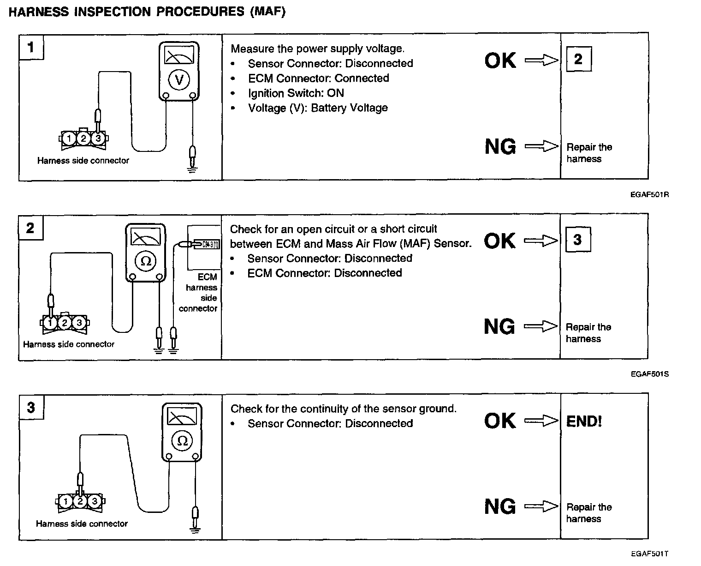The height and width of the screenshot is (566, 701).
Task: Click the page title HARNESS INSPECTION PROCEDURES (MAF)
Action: pos(147,12)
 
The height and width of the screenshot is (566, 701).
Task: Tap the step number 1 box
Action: pos(31,47)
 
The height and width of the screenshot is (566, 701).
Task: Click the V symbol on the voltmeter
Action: pos(179,80)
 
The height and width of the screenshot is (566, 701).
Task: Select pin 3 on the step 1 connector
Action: pos(98,138)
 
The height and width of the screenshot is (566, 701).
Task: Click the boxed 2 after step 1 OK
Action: pos(578,59)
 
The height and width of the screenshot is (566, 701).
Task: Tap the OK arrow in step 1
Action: pos(541,60)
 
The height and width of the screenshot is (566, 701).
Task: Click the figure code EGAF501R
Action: pos(649,194)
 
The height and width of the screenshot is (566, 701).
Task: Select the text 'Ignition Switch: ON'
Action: pos(296,93)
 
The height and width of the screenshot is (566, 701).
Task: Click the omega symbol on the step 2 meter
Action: pos(146,261)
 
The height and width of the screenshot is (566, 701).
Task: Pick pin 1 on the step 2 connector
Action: pos(51,322)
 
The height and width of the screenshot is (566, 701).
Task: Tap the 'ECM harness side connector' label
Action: pos(201,293)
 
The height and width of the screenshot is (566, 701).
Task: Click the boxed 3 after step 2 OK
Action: pos(577,240)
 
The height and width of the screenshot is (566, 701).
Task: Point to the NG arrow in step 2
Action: pos(541,326)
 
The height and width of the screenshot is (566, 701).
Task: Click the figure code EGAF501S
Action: pos(649,374)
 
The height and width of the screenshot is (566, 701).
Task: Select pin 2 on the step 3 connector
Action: pos(80,501)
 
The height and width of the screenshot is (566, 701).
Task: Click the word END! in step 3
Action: pos(584,421)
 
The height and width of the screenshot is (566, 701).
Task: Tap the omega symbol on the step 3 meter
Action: pos(182,440)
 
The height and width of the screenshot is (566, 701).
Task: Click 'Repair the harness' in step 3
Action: pos(588,512)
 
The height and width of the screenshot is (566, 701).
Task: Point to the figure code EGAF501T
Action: pos(649,554)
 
